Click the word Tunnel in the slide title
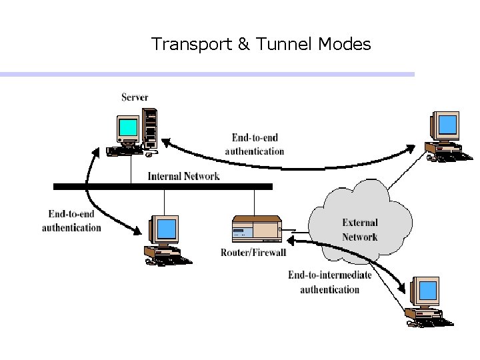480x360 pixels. [285, 45]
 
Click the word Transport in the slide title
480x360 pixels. [191, 45]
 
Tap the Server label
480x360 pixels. [135, 97]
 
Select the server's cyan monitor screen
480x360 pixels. [128, 127]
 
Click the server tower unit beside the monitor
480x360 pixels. [151, 129]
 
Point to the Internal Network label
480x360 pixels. [183, 177]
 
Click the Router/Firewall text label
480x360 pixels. [253, 252]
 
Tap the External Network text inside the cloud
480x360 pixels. [359, 230]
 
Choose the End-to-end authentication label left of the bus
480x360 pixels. [71, 221]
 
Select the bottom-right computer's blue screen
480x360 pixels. [427, 291]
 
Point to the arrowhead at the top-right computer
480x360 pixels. [419, 146]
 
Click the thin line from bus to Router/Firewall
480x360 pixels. [254, 202]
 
